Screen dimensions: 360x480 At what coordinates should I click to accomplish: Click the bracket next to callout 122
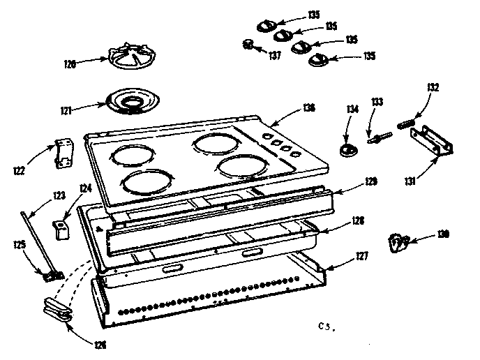point(64,153)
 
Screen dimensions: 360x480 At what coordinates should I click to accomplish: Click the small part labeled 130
point(398,242)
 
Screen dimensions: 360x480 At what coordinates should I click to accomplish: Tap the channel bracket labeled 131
point(433,142)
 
